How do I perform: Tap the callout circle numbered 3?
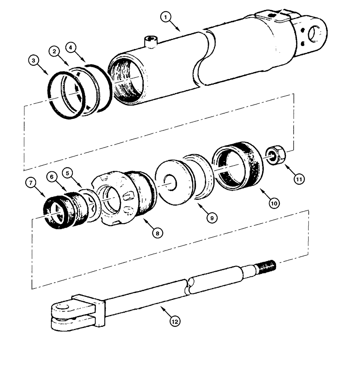(x=34, y=60)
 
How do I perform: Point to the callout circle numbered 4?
(x=71, y=48)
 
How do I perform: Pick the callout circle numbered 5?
(x=68, y=173)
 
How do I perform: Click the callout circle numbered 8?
(x=155, y=233)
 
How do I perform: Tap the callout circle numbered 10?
(x=274, y=203)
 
